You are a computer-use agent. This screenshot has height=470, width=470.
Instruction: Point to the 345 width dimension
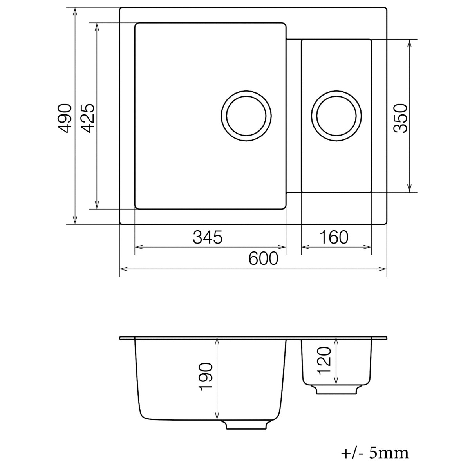pos(208,237)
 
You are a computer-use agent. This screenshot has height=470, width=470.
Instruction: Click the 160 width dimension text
pos(334,237)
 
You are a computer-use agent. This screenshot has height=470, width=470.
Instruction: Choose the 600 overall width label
pos(263,258)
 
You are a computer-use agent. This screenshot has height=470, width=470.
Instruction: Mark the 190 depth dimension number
pos(206,377)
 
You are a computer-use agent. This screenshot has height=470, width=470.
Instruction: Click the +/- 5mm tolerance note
pos(375,453)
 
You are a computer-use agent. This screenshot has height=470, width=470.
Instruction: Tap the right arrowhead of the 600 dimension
pos(383,269)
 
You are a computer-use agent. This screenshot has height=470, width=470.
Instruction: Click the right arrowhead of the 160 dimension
pos(368,247)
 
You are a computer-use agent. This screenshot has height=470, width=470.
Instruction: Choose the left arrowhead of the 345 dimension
pos(138,247)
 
